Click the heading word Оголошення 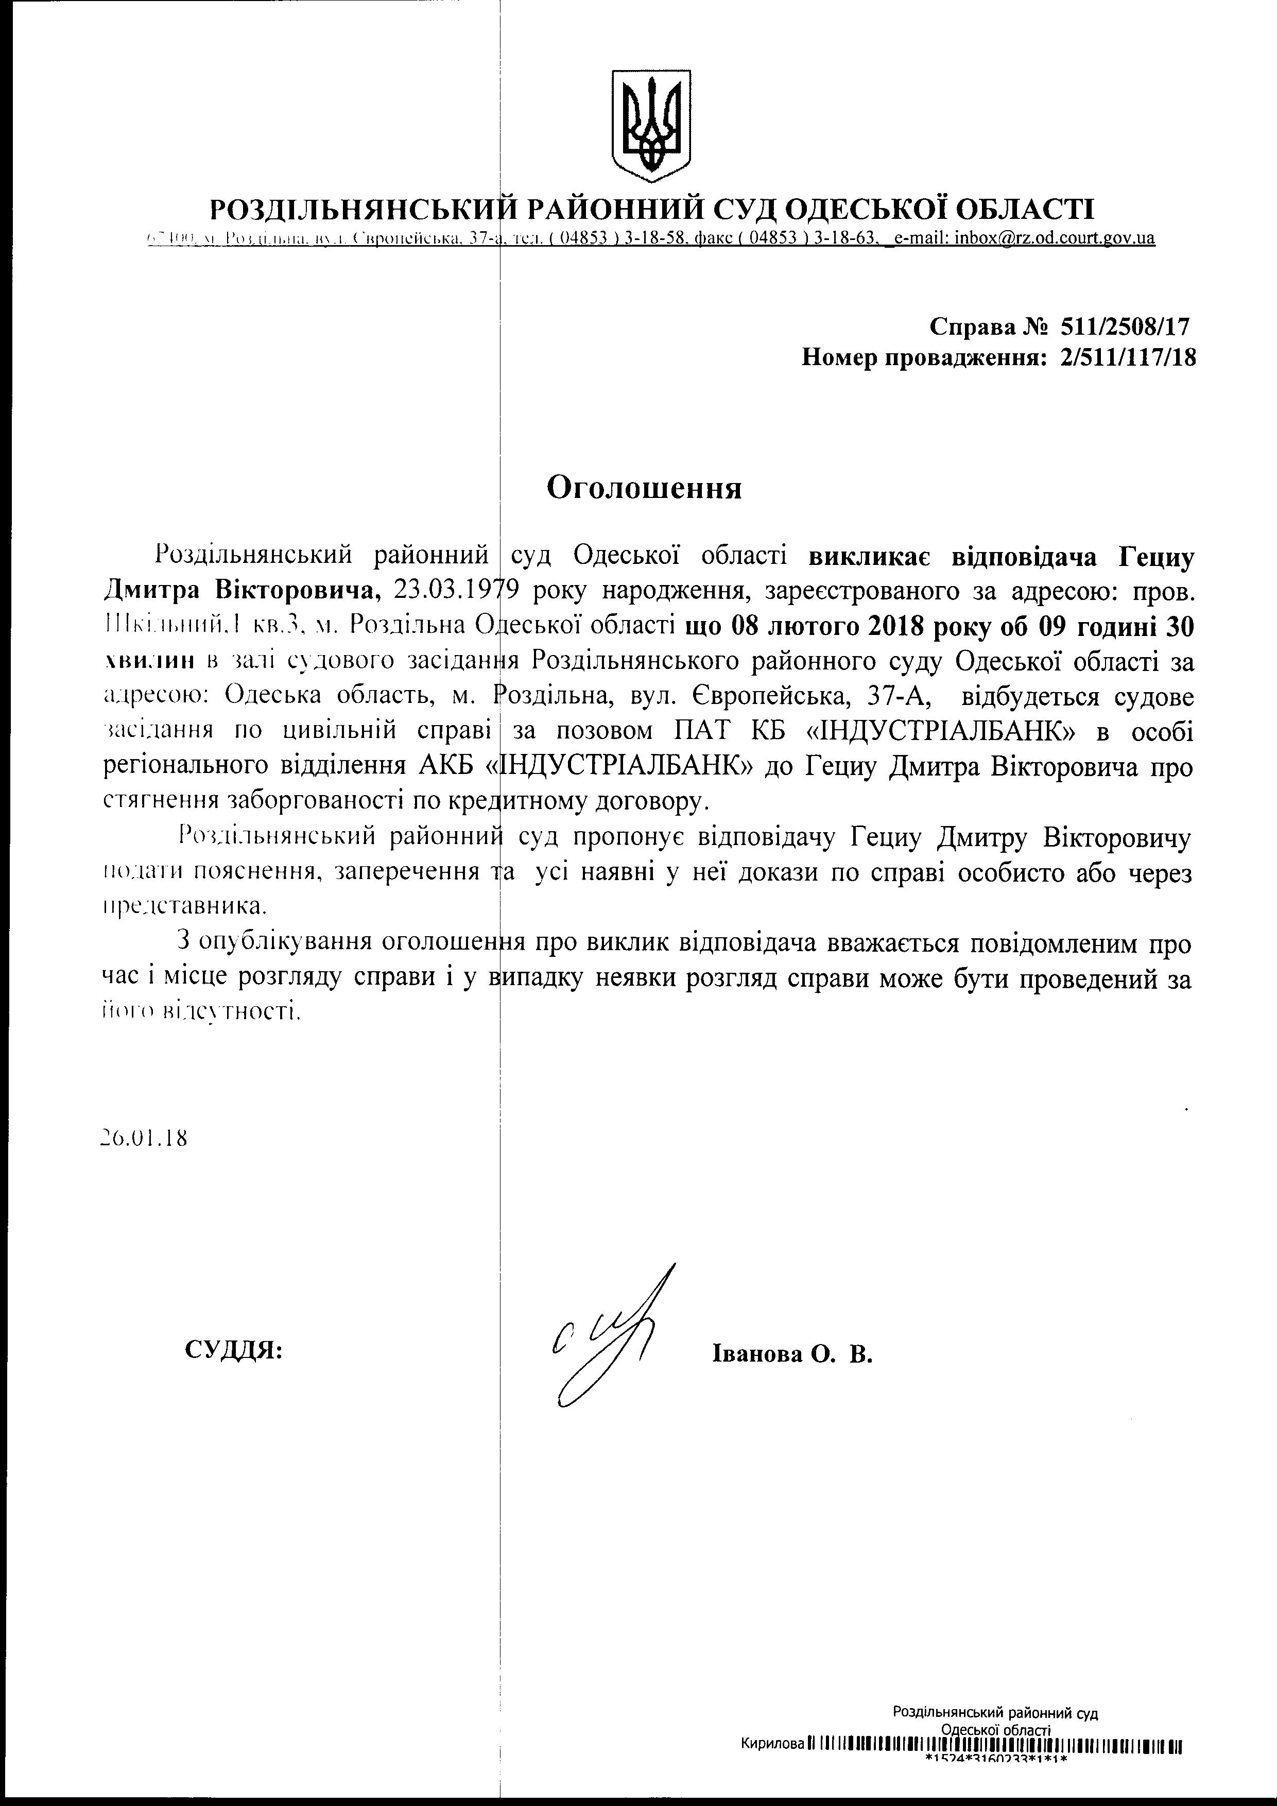point(644,489)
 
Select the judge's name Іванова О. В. point(792,1354)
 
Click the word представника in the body point(185,905)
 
